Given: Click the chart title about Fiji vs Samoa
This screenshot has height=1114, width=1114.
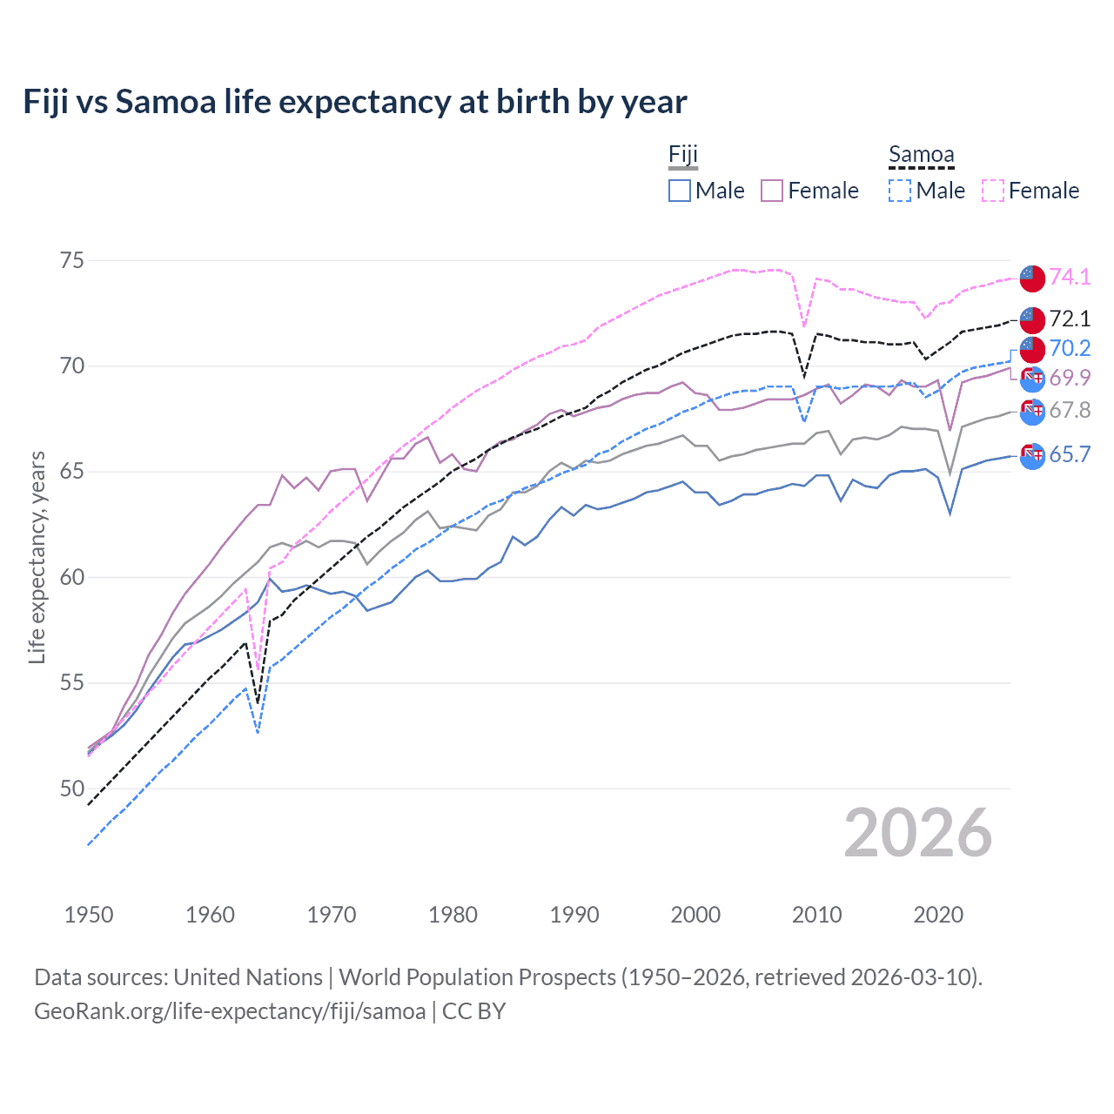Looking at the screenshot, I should coord(355,102).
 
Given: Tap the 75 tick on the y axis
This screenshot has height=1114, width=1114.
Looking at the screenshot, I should coord(72,260).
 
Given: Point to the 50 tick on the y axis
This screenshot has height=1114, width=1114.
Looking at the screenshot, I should coord(72,789).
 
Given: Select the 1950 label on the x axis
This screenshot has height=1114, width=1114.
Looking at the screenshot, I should coord(89,915).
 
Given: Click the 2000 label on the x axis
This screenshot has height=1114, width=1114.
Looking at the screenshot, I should coord(695,915).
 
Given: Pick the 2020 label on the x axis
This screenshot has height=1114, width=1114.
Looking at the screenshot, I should coord(938,915).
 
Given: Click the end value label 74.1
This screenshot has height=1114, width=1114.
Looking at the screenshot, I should coord(1070,277).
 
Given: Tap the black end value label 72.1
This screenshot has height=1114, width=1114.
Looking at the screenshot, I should coord(1070,319).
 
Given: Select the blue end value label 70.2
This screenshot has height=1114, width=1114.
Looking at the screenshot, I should coord(1070,348).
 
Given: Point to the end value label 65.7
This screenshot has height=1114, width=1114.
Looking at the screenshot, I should coord(1070,454).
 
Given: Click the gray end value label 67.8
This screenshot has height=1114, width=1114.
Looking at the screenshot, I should coord(1070,410).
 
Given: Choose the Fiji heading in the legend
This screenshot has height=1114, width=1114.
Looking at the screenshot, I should coord(683,155).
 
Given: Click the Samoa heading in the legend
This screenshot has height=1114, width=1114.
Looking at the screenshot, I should coord(921,155).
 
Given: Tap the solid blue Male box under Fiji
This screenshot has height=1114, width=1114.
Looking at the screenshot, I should coord(680,191).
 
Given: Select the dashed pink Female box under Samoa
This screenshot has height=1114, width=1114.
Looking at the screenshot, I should coord(993,191).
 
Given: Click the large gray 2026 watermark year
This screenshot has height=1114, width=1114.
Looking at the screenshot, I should coord(917,833).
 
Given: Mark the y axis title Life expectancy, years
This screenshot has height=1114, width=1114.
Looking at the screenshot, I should coord(37,557).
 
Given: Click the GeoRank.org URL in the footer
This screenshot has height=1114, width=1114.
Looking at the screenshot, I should coord(230,1010).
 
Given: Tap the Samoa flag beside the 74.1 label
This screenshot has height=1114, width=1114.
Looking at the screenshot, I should coord(1032,278).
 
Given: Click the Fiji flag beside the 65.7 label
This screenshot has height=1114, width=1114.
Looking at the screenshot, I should coord(1032,455).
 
